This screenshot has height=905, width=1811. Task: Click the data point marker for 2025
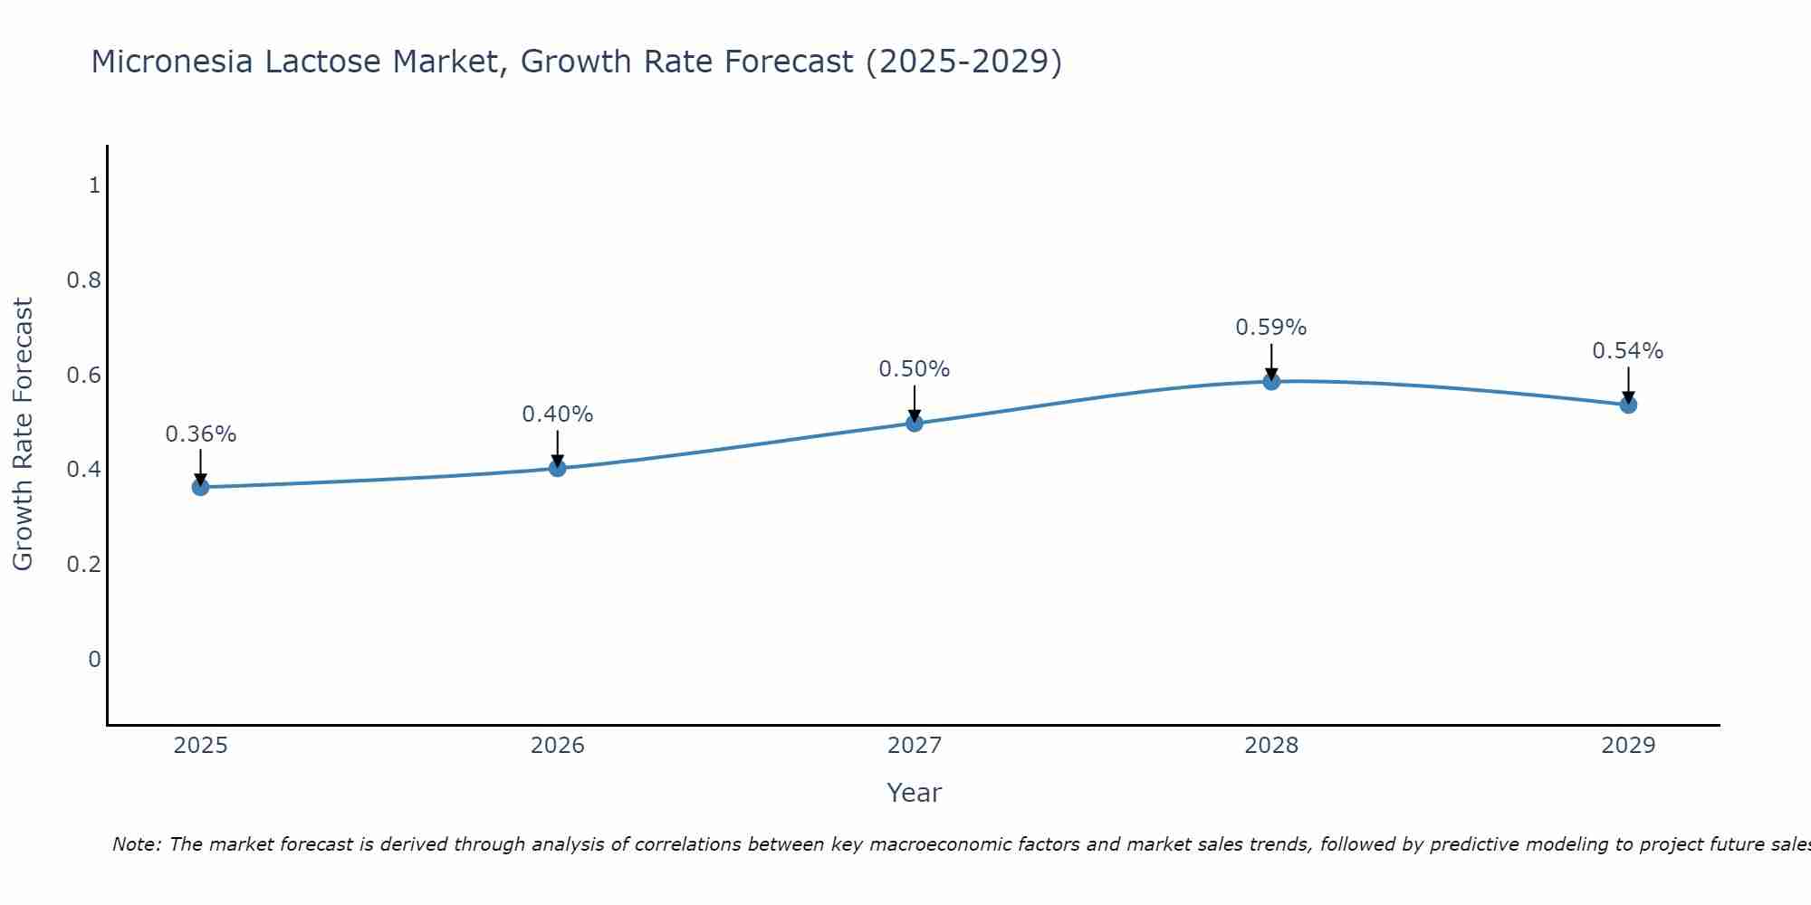[x=200, y=487]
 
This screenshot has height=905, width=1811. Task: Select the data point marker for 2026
[x=558, y=468]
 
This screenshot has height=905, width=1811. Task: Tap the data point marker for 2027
[x=915, y=423]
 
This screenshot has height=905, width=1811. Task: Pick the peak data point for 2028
[x=1271, y=381]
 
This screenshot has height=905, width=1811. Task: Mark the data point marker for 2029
[x=1628, y=405]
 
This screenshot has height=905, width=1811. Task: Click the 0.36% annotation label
[x=200, y=434]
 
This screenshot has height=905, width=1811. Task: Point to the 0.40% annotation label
[x=558, y=414]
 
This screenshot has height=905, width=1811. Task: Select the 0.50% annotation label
[x=915, y=369]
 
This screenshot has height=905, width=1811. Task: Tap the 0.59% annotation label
[x=1271, y=328]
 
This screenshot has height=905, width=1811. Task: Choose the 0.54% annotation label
[x=1628, y=351]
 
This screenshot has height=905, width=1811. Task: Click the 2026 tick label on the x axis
[x=558, y=746]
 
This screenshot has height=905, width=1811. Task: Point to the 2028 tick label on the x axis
[x=1271, y=746]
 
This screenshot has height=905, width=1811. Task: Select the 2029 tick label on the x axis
[x=1628, y=746]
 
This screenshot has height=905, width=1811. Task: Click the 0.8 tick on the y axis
[x=83, y=281]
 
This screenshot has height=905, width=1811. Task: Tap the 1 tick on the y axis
[x=93, y=186]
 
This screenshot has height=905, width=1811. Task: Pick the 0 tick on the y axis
[x=93, y=659]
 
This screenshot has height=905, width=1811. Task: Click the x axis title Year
[x=915, y=793]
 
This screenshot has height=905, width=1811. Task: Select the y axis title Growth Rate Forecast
[x=23, y=434]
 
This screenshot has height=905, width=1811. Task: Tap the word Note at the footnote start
[x=136, y=844]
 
